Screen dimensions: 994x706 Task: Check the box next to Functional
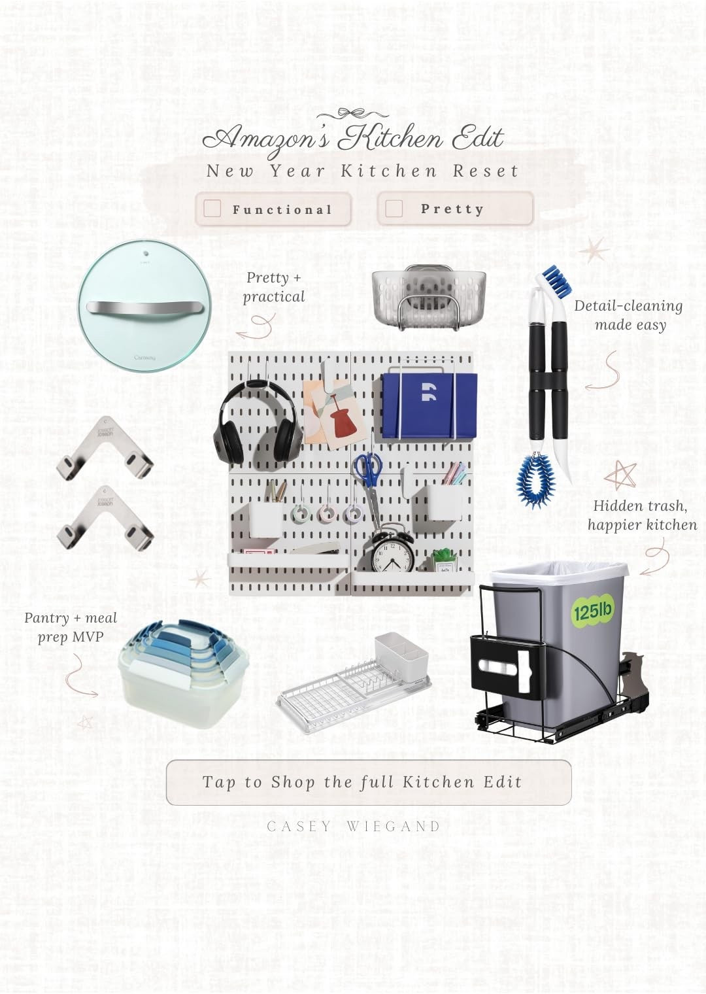[212, 209]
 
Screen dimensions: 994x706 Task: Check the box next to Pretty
[394, 208]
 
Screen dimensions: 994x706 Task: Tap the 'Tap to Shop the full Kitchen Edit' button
[369, 782]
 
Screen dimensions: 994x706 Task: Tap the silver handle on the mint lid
[144, 307]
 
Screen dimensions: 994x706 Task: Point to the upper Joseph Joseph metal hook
[105, 449]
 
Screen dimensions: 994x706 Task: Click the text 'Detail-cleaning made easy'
[628, 315]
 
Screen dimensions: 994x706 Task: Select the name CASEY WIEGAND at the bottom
[354, 827]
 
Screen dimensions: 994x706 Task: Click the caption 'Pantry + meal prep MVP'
[71, 626]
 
